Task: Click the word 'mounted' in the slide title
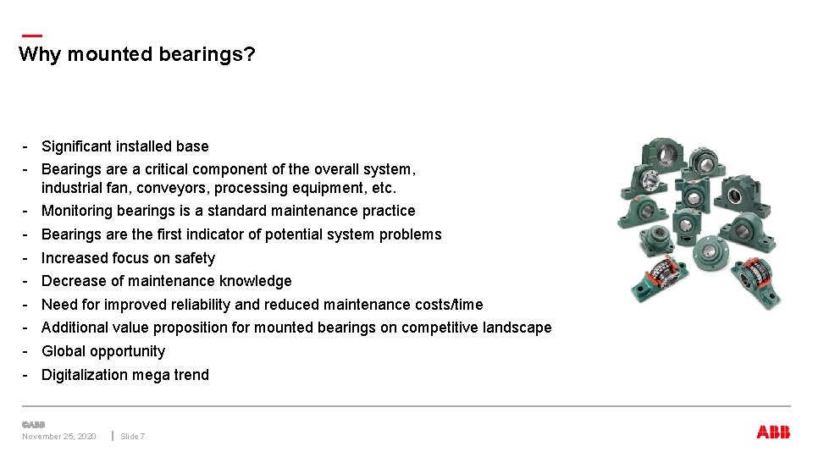(102, 55)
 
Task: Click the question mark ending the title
(250, 55)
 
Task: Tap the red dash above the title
(30, 36)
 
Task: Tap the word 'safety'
(195, 258)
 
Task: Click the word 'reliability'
(201, 305)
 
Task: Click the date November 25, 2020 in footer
(58, 437)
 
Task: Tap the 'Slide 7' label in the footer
(132, 437)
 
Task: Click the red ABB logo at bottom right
(772, 432)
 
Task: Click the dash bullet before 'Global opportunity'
(27, 351)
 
